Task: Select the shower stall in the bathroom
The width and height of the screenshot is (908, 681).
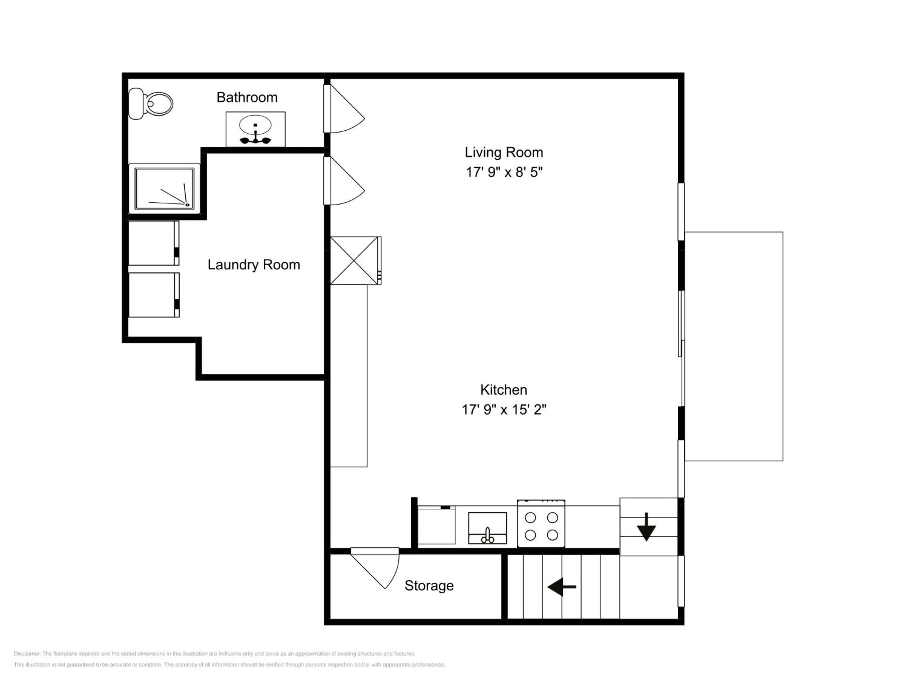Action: [164, 189]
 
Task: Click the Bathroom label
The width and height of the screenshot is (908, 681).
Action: [247, 97]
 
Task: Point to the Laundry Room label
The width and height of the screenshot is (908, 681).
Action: [254, 265]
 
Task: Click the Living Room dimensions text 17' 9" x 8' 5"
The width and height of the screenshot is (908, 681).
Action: [504, 172]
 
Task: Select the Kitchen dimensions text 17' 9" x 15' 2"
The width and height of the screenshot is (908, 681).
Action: [504, 410]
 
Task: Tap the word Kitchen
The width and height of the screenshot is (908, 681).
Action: [504, 390]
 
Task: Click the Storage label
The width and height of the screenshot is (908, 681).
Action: [429, 585]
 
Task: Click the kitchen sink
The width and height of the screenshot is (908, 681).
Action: [487, 528]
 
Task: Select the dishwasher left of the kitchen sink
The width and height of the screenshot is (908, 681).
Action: [436, 525]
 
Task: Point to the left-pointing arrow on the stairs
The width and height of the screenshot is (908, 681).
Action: [561, 587]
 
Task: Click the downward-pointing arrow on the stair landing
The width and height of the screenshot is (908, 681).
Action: [646, 527]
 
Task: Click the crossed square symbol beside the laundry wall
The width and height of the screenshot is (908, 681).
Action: [356, 260]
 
